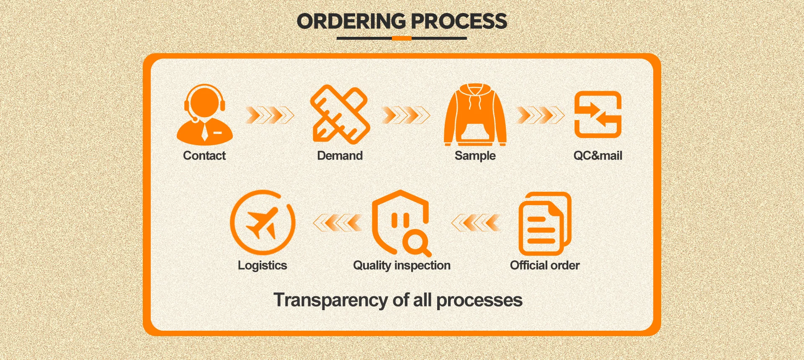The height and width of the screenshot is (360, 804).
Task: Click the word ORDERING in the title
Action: pyautogui.click(x=351, y=21)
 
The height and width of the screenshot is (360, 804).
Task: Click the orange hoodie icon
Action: pyautogui.click(x=475, y=115)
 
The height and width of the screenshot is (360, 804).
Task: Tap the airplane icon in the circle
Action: pyautogui.click(x=263, y=222)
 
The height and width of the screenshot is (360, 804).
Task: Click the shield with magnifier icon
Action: pyautogui.click(x=401, y=223)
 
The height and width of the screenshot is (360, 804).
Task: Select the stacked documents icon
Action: pyautogui.click(x=544, y=224)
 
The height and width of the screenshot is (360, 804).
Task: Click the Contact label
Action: pyautogui.click(x=204, y=156)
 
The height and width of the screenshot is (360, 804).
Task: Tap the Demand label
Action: pyautogui.click(x=340, y=156)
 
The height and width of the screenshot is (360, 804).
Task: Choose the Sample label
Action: pyautogui.click(x=475, y=156)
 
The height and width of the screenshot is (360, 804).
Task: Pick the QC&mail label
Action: pyautogui.click(x=598, y=156)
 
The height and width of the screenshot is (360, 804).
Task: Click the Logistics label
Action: pyautogui.click(x=263, y=265)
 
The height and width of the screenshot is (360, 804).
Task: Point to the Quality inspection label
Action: pyautogui.click(x=402, y=265)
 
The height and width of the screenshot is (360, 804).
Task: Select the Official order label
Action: pyautogui.click(x=544, y=265)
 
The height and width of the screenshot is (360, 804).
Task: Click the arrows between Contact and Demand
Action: pyautogui.click(x=270, y=115)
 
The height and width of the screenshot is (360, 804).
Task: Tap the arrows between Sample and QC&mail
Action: pyautogui.click(x=541, y=115)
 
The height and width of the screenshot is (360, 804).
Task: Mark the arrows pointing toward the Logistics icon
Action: pyautogui.click(x=338, y=223)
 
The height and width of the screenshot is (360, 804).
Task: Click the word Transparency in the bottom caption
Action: pyautogui.click(x=331, y=300)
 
